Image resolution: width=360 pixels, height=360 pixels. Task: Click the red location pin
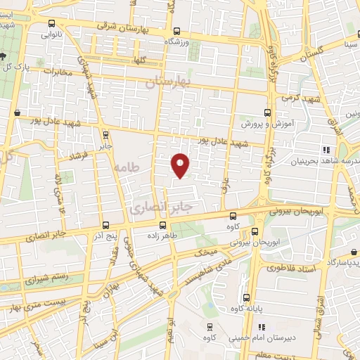(181, 165)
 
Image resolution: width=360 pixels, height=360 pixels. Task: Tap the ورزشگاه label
(177, 42)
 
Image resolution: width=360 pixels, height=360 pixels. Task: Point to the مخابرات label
(58, 72)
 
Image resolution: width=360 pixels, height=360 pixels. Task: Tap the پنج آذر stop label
(105, 236)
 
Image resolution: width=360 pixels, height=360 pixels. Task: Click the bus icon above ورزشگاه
(177, 31)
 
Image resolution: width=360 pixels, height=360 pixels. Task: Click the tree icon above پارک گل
(5, 54)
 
